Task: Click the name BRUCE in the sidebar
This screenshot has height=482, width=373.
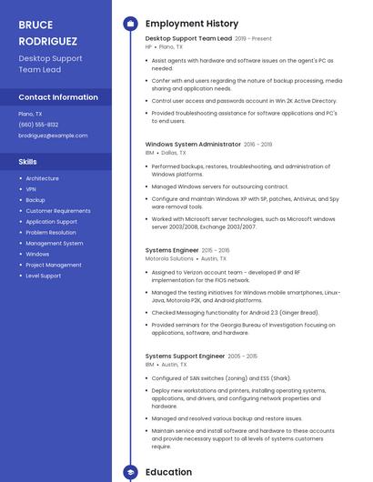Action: click(35, 25)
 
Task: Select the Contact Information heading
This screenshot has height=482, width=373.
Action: click(58, 96)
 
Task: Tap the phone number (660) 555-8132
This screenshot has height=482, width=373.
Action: click(38, 125)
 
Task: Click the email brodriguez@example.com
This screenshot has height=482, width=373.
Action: click(53, 136)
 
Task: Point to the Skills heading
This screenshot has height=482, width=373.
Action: click(27, 161)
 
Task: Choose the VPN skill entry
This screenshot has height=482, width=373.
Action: click(32, 189)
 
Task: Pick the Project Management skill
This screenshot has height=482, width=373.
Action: click(54, 265)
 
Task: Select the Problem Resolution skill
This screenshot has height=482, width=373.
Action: click(51, 232)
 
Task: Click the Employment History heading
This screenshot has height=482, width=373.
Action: click(191, 24)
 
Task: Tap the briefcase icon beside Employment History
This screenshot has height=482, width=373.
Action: click(129, 24)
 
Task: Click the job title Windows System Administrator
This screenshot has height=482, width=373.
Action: click(193, 144)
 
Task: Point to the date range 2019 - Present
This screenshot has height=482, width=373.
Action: click(253, 39)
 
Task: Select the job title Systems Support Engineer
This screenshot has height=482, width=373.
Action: click(185, 356)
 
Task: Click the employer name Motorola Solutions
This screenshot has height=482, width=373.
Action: click(169, 258)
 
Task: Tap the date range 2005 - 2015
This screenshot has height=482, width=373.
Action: click(243, 356)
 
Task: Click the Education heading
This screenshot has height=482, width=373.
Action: click(168, 472)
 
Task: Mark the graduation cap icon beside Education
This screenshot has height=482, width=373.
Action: click(129, 472)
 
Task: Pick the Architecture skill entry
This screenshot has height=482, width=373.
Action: click(42, 178)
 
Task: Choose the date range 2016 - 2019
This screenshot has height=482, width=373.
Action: click(258, 144)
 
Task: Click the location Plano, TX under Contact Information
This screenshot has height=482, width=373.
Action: click(30, 114)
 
